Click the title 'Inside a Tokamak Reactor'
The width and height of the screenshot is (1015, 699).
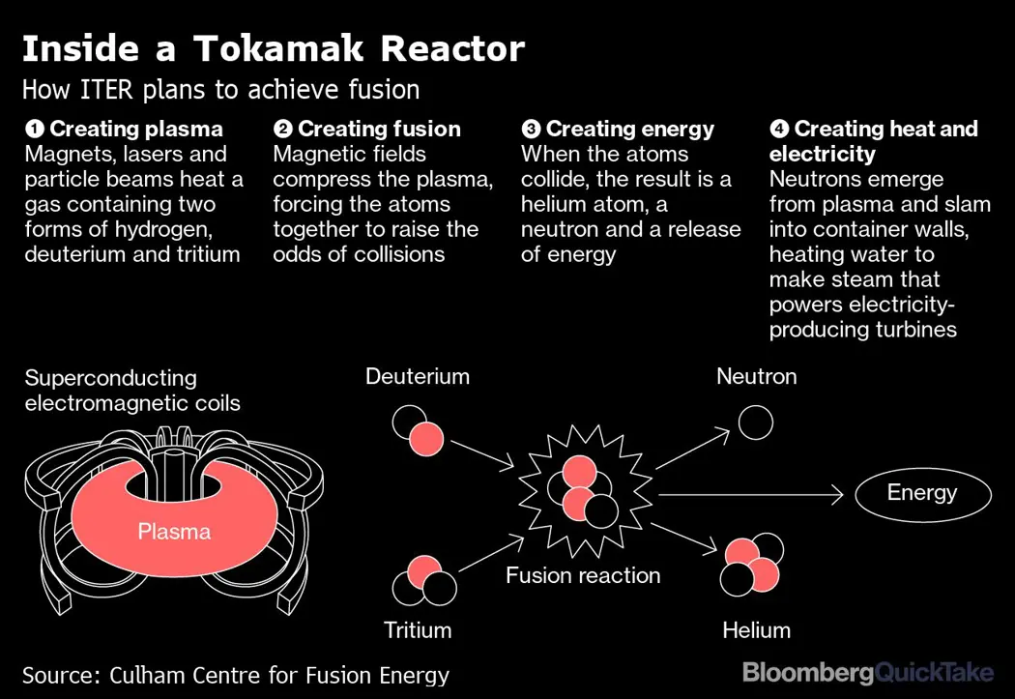tap(273, 48)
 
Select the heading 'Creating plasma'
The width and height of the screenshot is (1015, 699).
tap(135, 130)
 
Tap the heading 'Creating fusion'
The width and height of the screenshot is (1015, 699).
tap(378, 130)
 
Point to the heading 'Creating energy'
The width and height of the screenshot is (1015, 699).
tap(629, 130)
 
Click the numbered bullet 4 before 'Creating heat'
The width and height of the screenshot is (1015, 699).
tap(778, 130)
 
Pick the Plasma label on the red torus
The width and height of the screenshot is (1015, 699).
tap(174, 531)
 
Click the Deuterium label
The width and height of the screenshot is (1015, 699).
tap(417, 376)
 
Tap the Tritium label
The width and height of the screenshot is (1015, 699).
tap(418, 630)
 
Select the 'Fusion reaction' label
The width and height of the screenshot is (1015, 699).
tap(583, 576)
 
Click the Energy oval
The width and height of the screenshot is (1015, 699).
tap(922, 494)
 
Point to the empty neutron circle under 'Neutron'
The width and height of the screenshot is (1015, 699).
tap(756, 422)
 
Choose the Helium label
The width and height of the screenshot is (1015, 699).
tap(756, 630)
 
